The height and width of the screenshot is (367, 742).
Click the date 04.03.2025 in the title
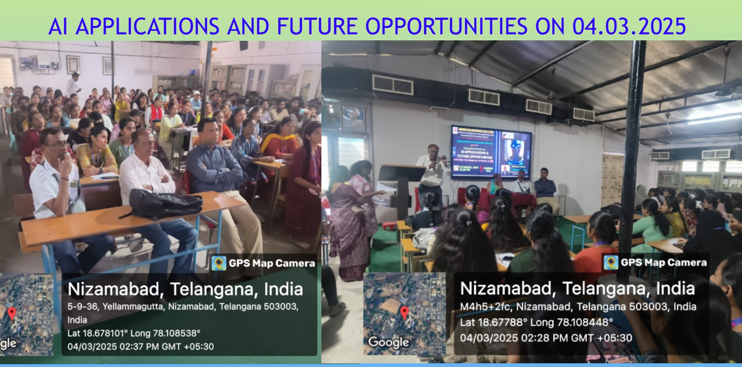click(x=629, y=26)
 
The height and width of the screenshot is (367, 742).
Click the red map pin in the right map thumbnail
click(x=404, y=313)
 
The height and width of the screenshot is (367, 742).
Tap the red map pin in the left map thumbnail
click(x=12, y=313)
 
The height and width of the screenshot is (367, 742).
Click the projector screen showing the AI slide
click(x=491, y=152)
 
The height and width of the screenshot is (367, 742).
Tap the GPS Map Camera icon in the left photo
click(x=219, y=263)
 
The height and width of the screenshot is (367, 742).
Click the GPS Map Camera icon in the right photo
click(x=611, y=262)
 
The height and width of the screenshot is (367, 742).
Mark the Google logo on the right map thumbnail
click(x=388, y=342)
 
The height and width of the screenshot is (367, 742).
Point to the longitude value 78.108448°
click(x=585, y=322)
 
